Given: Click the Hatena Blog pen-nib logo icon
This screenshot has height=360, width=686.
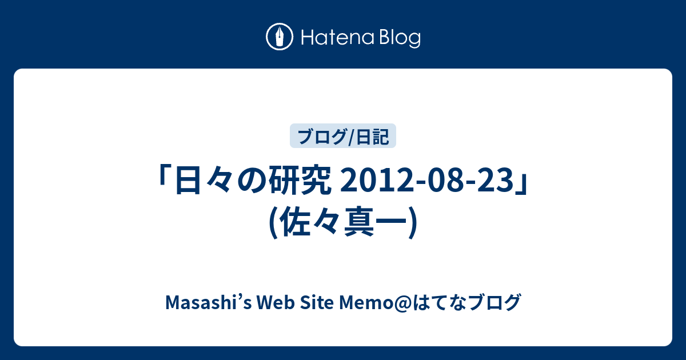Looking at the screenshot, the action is [x=280, y=37].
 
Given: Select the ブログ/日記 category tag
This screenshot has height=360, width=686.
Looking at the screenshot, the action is [x=343, y=136].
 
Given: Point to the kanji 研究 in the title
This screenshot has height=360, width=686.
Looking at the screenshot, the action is [x=300, y=180].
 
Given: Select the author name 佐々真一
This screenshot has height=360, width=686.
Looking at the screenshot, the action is [x=343, y=222].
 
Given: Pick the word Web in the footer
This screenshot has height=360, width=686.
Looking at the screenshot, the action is [x=276, y=302].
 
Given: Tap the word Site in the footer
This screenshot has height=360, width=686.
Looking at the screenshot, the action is [x=317, y=302].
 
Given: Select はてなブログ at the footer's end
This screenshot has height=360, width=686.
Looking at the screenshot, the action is [x=466, y=302].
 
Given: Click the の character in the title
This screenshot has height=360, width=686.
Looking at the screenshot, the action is [x=252, y=181].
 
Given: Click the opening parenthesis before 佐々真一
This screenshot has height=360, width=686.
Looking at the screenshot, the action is [x=273, y=222].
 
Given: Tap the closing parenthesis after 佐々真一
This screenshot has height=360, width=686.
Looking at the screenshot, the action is [x=413, y=222].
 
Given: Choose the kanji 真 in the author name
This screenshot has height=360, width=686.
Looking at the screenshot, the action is [x=359, y=222].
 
